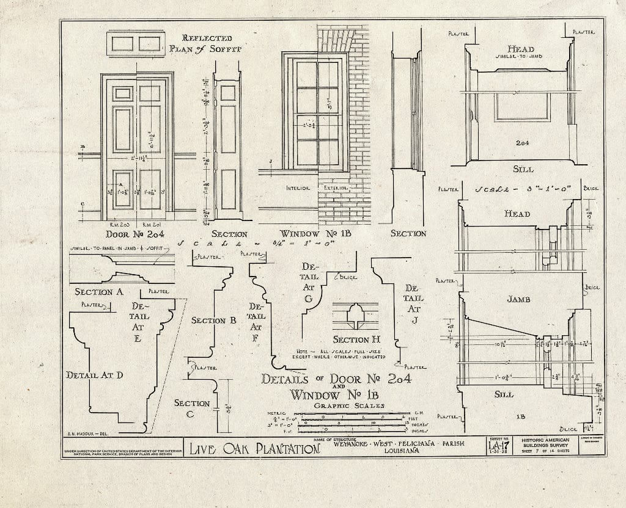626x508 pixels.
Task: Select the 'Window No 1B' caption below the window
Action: click(315, 234)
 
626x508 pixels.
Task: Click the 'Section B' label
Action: click(213, 320)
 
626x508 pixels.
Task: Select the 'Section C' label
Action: click(192, 408)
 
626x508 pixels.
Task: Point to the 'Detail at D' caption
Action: click(95, 375)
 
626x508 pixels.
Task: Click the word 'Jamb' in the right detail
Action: click(518, 300)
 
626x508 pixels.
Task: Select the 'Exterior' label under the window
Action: click(336, 188)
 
